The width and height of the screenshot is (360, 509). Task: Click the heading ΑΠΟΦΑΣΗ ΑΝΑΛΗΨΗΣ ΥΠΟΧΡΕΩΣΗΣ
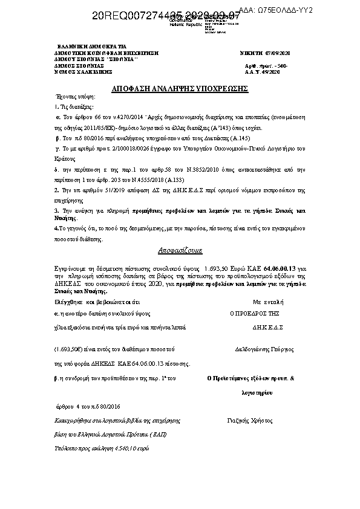[x=181, y=89]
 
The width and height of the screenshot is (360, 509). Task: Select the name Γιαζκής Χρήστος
[x=250, y=420]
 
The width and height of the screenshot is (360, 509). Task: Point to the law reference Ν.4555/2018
[x=141, y=180]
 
